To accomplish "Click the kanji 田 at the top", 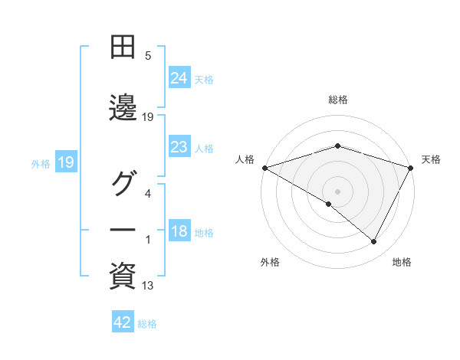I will tap(123, 47).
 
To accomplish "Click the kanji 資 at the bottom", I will tap(123, 277).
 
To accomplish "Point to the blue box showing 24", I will tap(179, 77).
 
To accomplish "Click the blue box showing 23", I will tap(179, 147).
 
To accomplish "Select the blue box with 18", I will tap(179, 232).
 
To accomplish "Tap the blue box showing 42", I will tap(123, 322).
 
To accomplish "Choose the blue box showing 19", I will tap(65, 162).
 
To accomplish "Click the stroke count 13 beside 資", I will tap(148, 286).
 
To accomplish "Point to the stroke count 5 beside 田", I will tap(148, 56).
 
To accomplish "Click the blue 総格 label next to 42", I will tap(147, 324).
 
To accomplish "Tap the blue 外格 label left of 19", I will tap(41, 163).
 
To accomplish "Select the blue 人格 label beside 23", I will tap(204, 148).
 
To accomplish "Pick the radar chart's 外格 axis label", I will tap(270, 262).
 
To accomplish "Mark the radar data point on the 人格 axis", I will tap(264, 168).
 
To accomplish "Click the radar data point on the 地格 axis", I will tap(374, 242).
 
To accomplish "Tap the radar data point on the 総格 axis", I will tap(337, 146).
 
